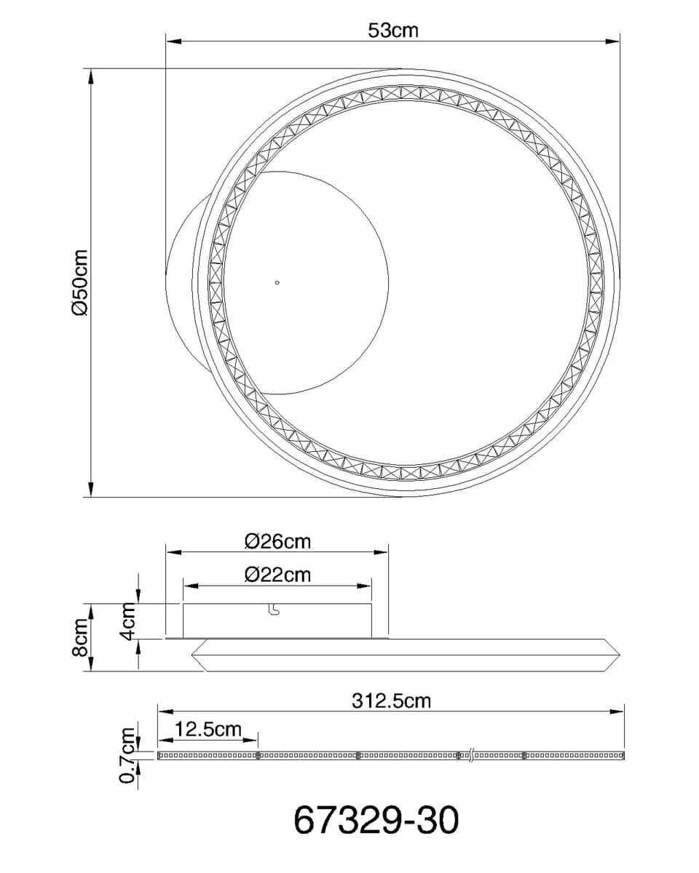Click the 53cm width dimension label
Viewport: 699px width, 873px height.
click(392, 31)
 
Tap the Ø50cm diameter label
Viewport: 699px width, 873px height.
click(79, 282)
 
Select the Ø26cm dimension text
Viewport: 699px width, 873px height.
click(277, 541)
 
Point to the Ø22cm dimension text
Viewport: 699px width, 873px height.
click(277, 575)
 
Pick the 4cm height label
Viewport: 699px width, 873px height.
click(128, 621)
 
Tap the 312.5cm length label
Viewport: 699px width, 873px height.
click(391, 701)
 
